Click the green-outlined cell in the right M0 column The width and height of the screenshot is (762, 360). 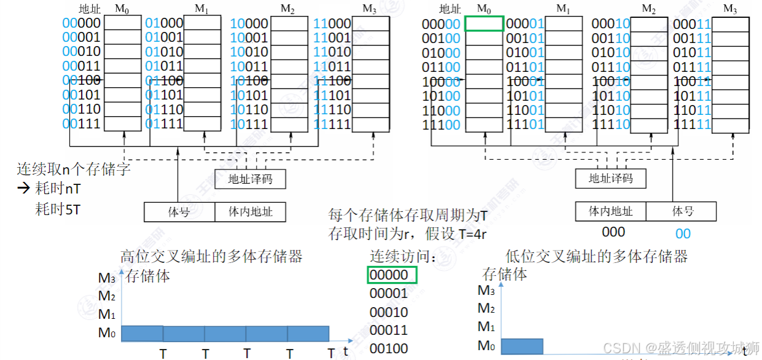tap(484, 24)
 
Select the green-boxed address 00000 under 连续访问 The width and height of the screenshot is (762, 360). tap(392, 275)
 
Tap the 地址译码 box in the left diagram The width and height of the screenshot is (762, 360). tap(250, 179)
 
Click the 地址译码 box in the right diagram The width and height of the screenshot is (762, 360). tap(610, 179)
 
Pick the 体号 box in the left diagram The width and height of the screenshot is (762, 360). tap(179, 212)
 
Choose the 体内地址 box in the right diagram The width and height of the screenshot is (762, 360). tap(610, 211)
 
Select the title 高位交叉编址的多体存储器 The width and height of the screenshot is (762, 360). tap(211, 256)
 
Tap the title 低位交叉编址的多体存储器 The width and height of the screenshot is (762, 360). tap(596, 256)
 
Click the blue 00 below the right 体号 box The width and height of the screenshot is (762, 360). tap(683, 233)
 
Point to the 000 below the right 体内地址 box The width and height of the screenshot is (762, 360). tap(613, 232)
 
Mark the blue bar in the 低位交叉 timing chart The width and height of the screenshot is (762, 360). tap(522, 346)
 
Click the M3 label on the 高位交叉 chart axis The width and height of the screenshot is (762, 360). tap(106, 278)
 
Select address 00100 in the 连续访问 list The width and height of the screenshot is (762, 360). tap(389, 349)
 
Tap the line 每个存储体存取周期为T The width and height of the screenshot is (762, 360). tap(408, 216)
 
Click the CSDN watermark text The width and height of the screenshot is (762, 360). tap(682, 348)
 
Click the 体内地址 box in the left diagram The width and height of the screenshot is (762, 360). tap(251, 212)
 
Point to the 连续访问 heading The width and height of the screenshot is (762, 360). tap(402, 256)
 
